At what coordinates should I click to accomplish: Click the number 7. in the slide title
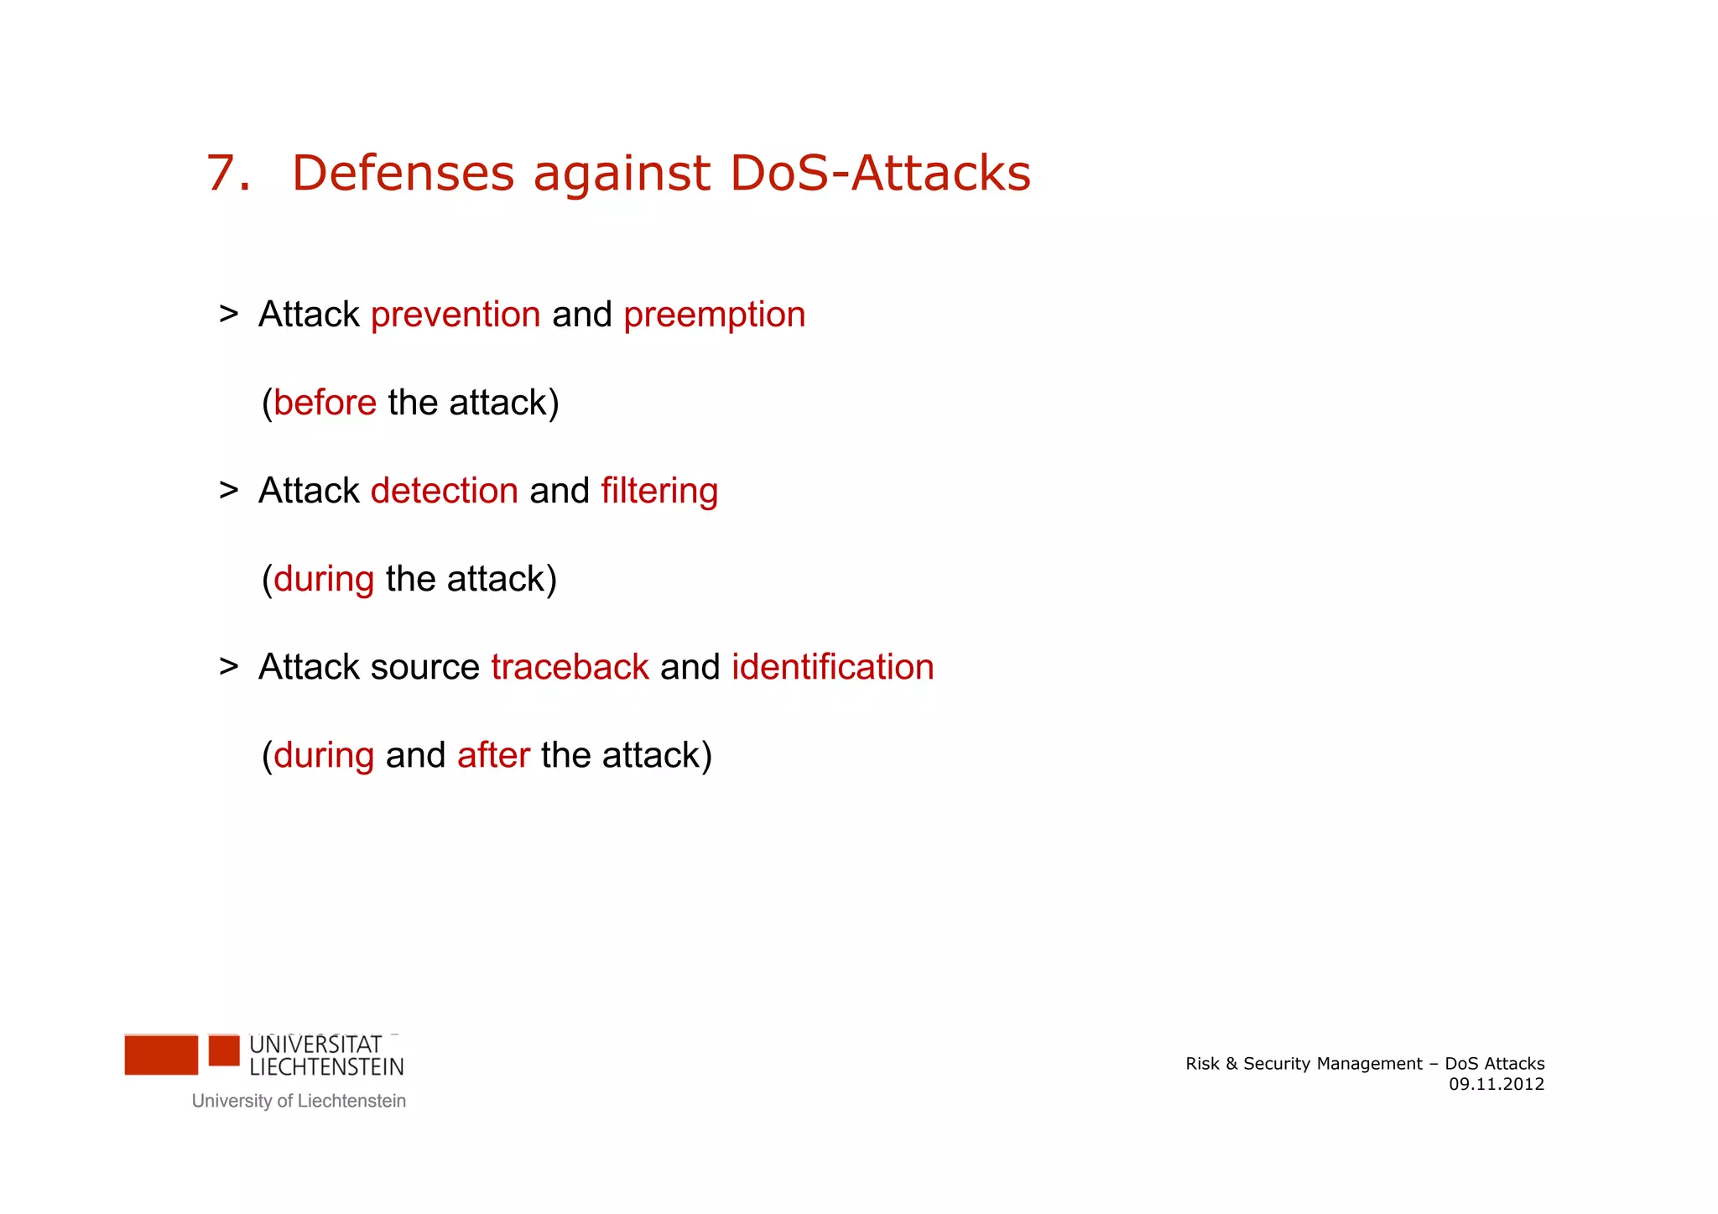coord(227,174)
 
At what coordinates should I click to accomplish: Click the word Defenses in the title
coord(403,174)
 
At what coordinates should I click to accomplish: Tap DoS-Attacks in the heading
coord(880,174)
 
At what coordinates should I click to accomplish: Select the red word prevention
coord(456,315)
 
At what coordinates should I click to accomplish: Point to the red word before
coord(325,403)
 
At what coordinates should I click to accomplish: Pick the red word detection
coord(444,491)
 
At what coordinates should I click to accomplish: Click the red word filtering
coord(659,492)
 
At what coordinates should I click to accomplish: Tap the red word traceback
coord(570,667)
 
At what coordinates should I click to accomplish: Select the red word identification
coord(832,667)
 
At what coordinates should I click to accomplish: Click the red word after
coord(493,755)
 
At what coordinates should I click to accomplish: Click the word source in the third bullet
coord(424,668)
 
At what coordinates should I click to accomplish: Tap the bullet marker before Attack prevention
coord(228,315)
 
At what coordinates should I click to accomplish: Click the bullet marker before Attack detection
coord(228,491)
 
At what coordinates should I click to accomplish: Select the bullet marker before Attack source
coord(228,667)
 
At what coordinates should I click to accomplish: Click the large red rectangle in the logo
coord(161,1055)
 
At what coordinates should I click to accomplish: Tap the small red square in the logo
coord(224,1050)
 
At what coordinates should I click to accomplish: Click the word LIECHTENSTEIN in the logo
coord(326,1067)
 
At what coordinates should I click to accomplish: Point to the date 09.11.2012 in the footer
coord(1496,1084)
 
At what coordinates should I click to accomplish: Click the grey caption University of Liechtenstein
coord(299,1101)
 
